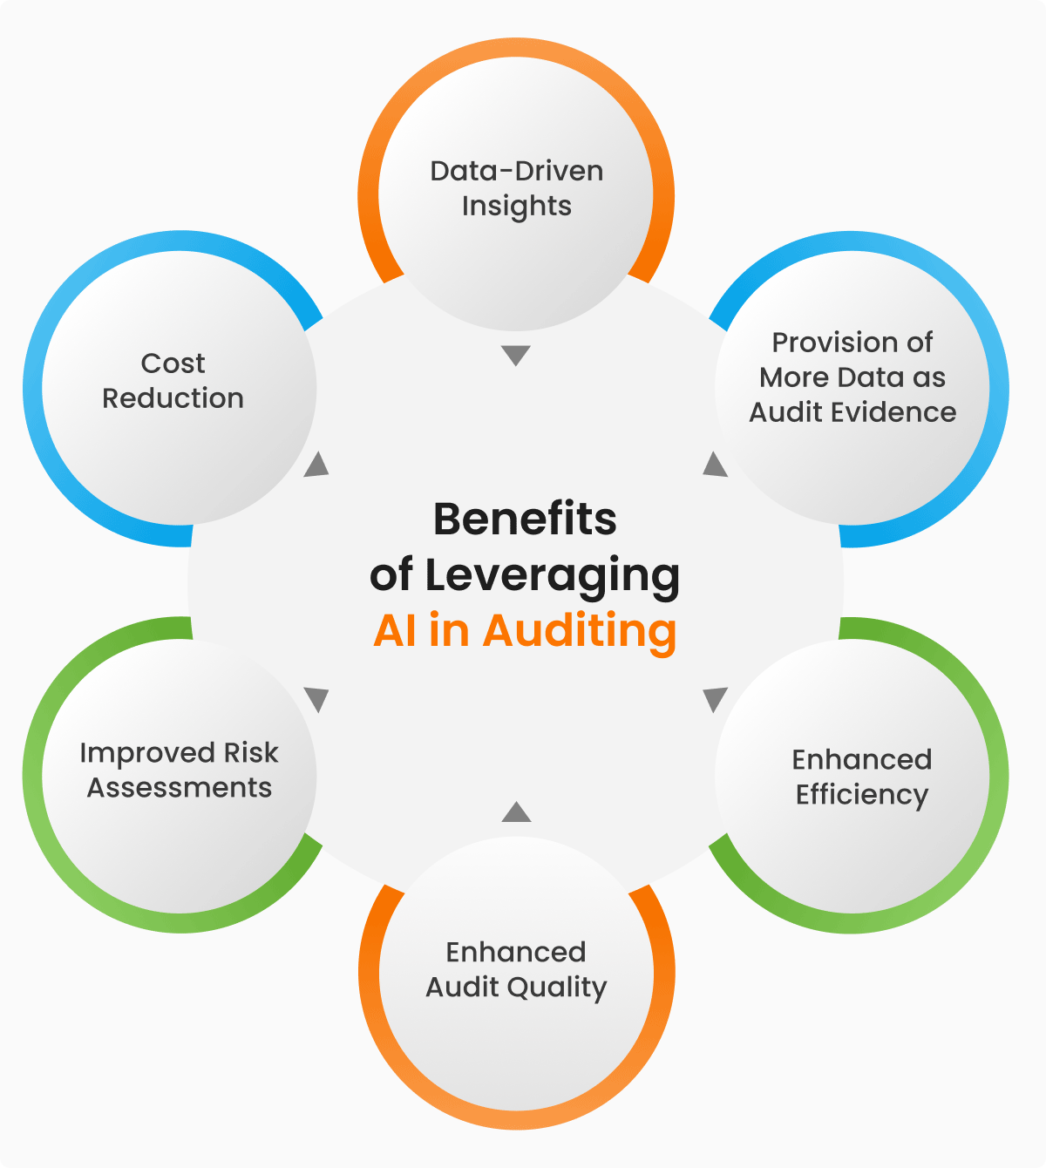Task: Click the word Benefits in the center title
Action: (x=525, y=519)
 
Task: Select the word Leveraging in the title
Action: (x=552, y=575)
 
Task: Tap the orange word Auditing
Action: (x=580, y=631)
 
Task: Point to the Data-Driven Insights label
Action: (x=517, y=188)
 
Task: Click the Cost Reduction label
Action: (x=173, y=381)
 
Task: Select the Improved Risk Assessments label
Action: (x=180, y=770)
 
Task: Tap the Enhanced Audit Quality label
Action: (x=516, y=969)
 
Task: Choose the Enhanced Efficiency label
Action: (x=861, y=777)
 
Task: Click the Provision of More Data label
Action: (x=852, y=377)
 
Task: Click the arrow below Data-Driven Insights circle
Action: (x=516, y=355)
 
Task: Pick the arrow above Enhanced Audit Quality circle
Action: (x=516, y=812)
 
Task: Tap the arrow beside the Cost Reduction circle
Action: (x=317, y=465)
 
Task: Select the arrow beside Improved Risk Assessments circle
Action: (x=316, y=699)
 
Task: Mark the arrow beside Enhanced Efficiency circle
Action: (x=715, y=699)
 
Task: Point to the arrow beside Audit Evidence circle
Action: (x=715, y=465)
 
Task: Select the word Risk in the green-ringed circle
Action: (x=251, y=752)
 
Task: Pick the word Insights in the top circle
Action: (x=517, y=207)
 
